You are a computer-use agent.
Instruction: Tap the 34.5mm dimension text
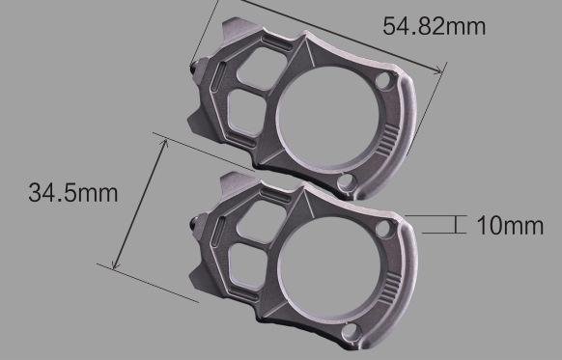[x=72, y=192]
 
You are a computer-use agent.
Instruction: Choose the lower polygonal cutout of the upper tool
[x=249, y=112]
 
